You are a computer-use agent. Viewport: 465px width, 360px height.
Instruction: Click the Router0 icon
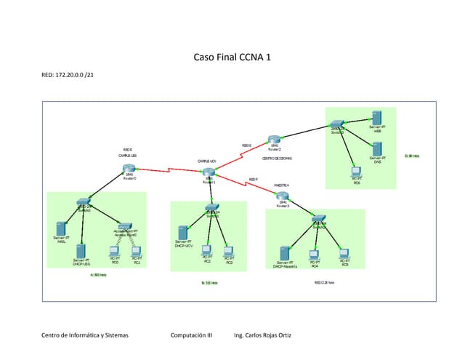[129, 169]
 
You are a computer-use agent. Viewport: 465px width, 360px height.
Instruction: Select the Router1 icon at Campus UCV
[209, 172]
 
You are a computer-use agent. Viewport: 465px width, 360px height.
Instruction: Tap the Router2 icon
[274, 140]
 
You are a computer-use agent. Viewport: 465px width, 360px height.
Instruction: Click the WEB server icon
[376, 118]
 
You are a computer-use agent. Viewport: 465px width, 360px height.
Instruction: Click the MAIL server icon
[62, 228]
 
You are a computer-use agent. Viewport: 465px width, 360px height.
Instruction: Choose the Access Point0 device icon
[125, 226]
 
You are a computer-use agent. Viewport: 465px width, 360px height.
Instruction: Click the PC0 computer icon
[115, 252]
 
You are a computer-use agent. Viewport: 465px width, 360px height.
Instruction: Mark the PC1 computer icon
[136, 252]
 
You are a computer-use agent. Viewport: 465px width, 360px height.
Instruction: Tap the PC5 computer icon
[344, 255]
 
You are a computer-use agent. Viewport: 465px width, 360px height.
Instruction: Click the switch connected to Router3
[319, 219]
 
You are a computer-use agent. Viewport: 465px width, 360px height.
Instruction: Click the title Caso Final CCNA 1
[232, 57]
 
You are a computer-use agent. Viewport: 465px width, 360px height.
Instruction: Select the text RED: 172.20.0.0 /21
[69, 76]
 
